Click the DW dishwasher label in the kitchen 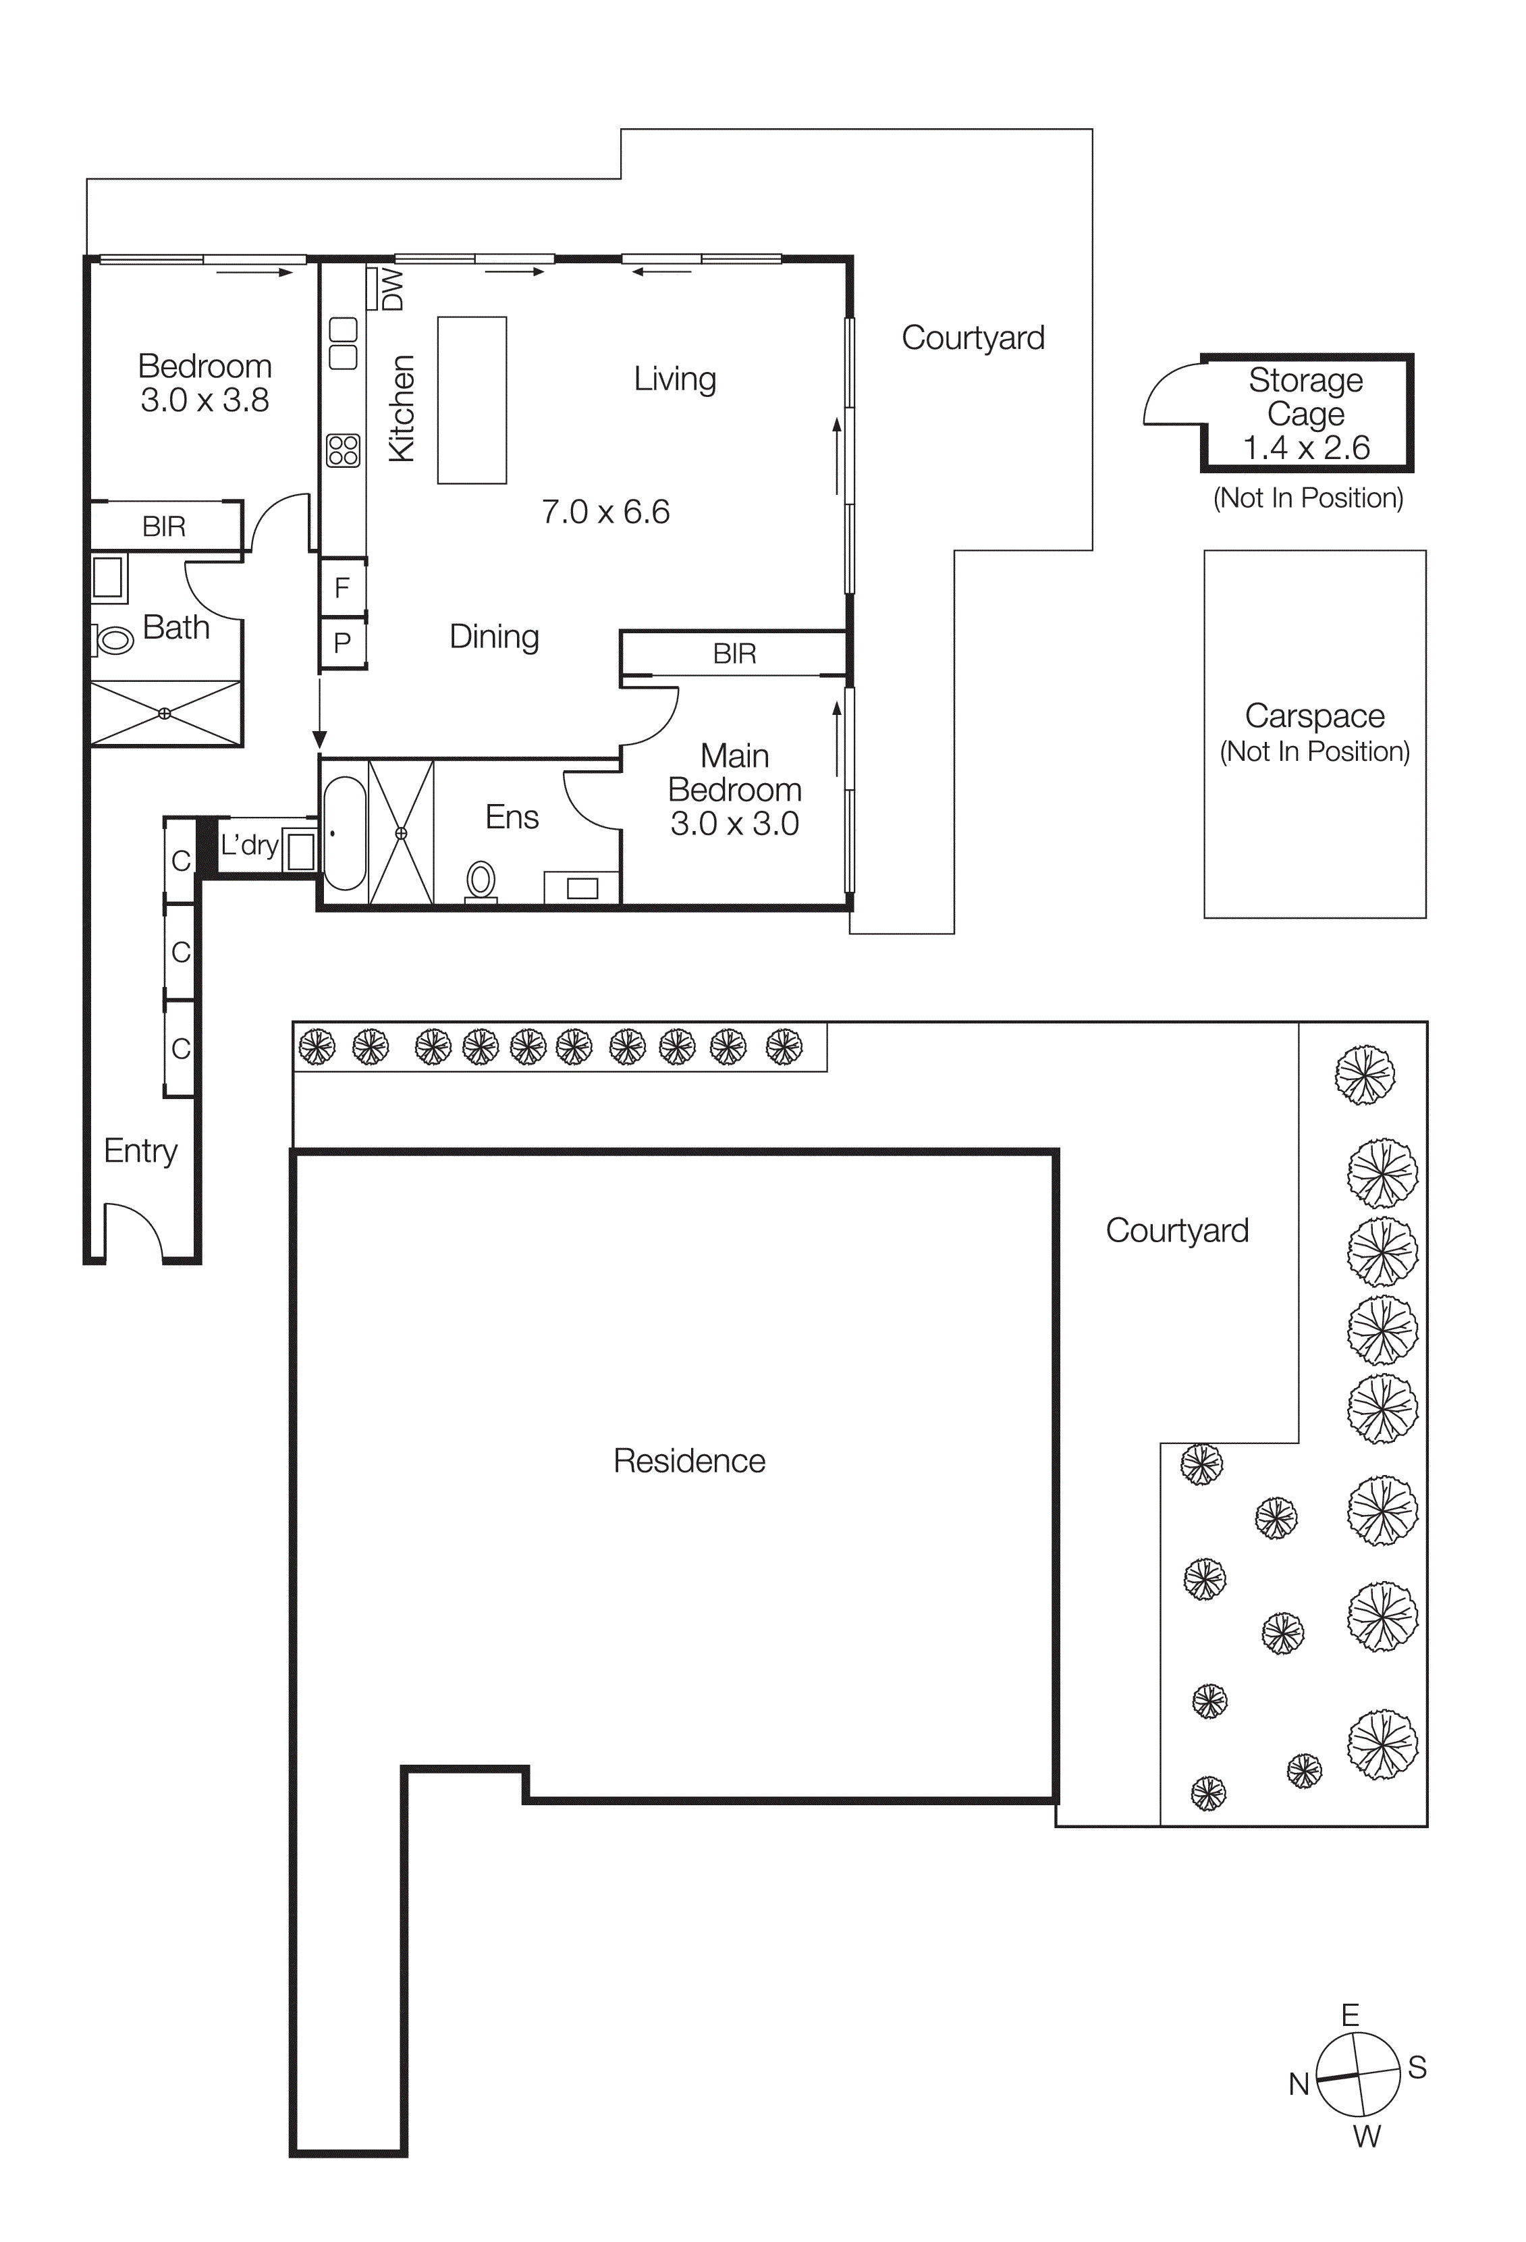pyautogui.click(x=393, y=290)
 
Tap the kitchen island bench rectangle pyautogui.click(x=472, y=400)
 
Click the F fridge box pyautogui.click(x=342, y=587)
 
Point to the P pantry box pyautogui.click(x=342, y=643)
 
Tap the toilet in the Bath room pyautogui.click(x=114, y=639)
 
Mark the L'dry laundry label pyautogui.click(x=249, y=845)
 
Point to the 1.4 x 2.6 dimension pyautogui.click(x=1306, y=448)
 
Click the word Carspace pyautogui.click(x=1314, y=716)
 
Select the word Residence pyautogui.click(x=688, y=1461)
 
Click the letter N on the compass pyautogui.click(x=1299, y=2084)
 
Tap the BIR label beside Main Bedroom pyautogui.click(x=734, y=654)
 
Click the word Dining pyautogui.click(x=494, y=637)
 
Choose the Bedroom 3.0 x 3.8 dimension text pyautogui.click(x=205, y=400)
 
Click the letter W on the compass pyautogui.click(x=1366, y=2136)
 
